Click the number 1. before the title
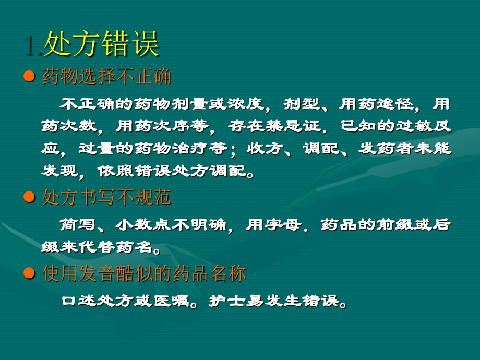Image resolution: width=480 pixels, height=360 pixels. pos(32,45)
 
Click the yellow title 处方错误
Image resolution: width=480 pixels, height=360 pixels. pos(101,44)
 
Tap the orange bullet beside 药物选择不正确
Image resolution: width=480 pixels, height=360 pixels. pos(30,77)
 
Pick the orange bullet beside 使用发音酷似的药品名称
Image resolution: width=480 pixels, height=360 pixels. pos(30,273)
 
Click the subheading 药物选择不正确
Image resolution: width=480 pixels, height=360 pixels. pos(106,77)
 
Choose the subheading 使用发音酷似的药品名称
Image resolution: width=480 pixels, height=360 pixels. pos(143,273)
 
